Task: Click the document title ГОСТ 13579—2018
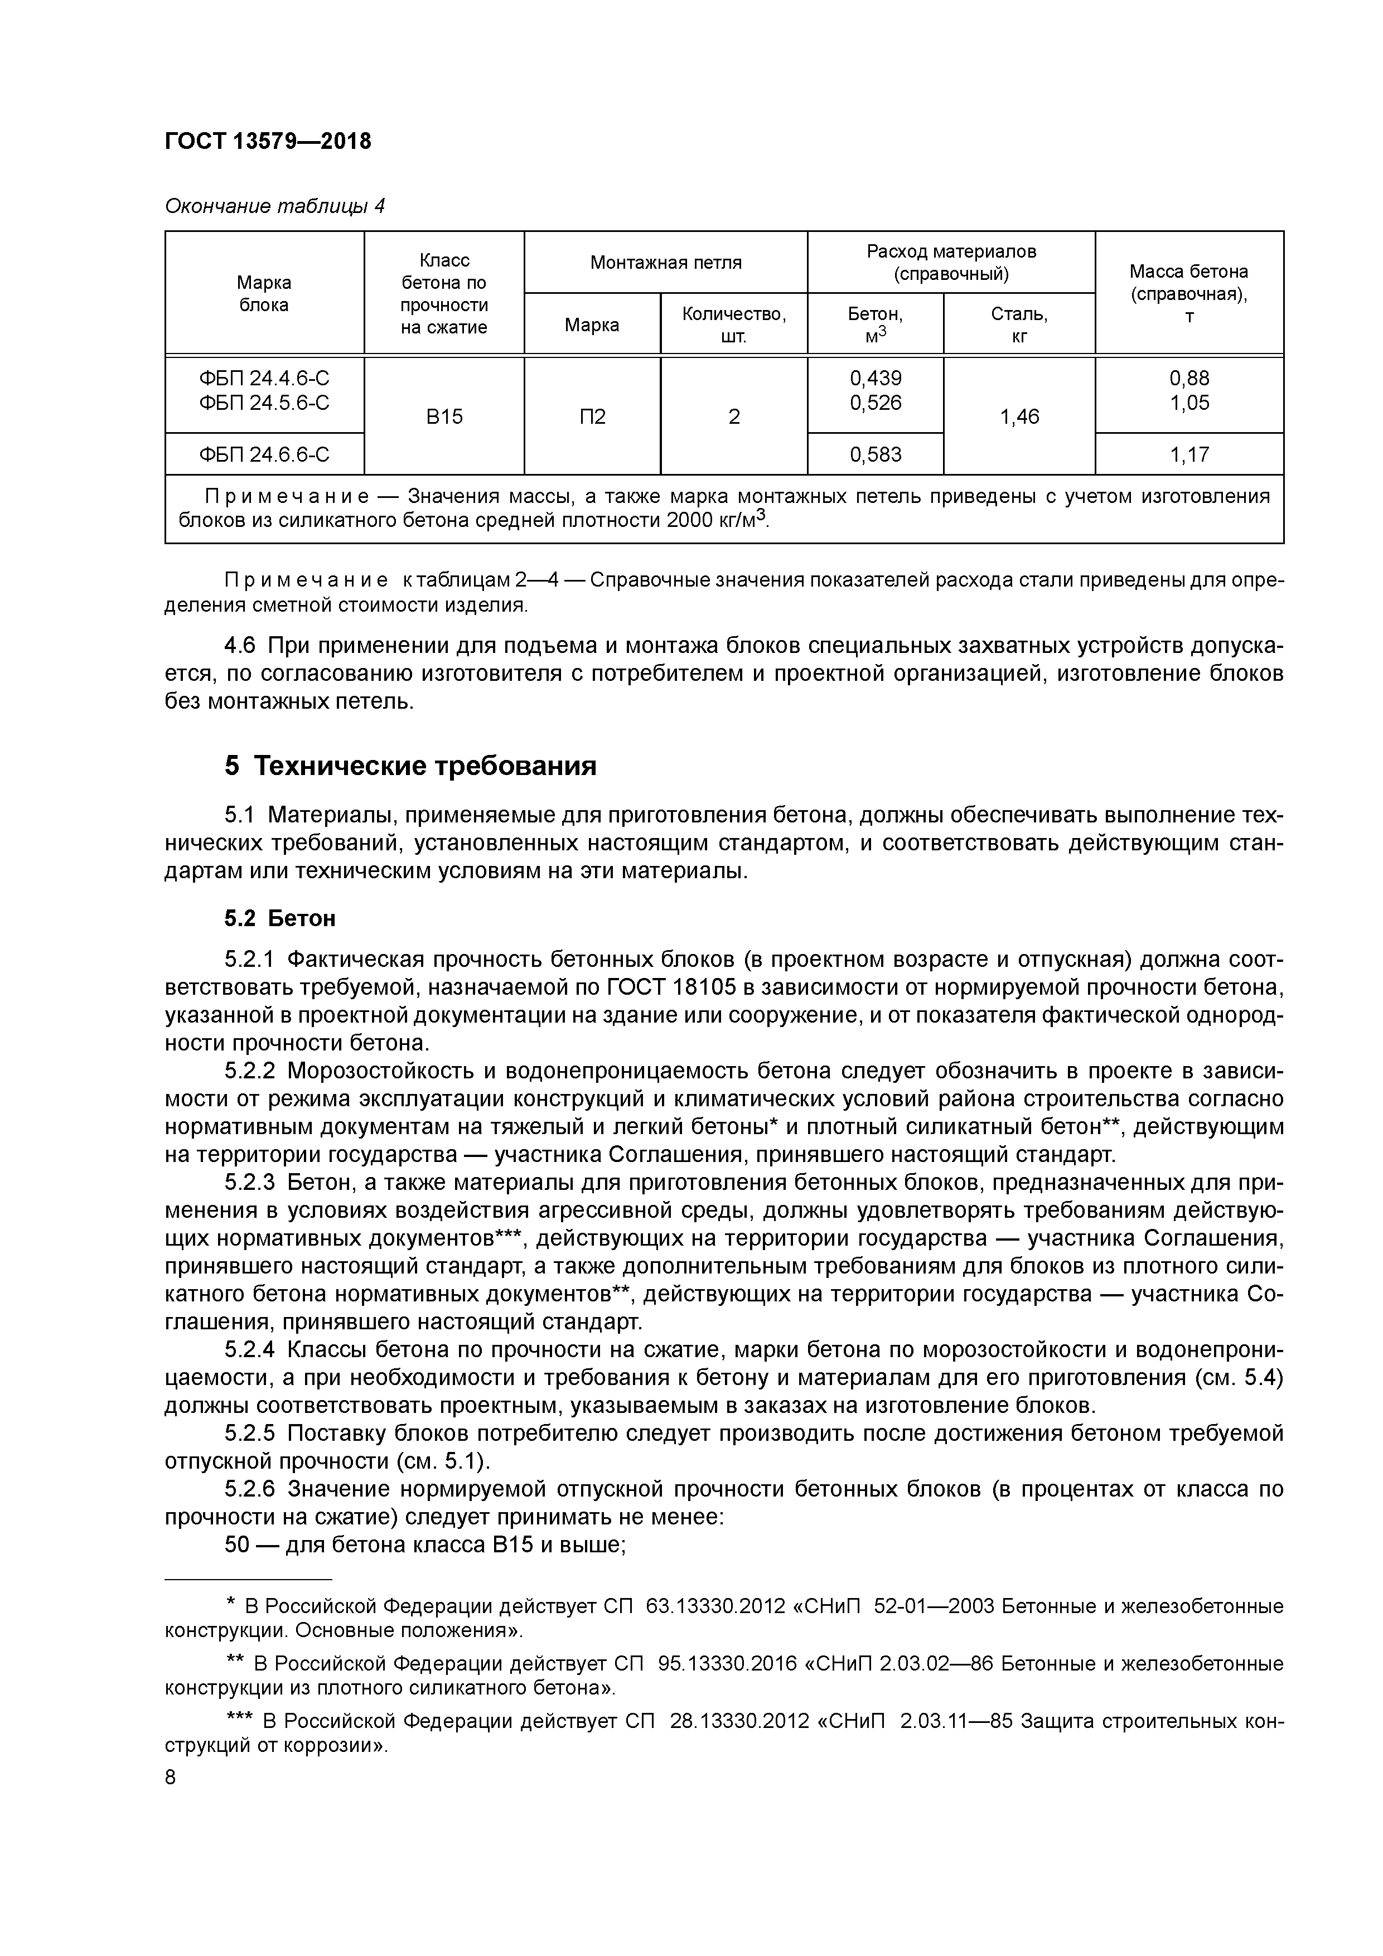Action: (268, 142)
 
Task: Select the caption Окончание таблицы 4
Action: (274, 206)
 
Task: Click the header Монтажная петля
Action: (665, 263)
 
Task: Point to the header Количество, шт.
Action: (734, 325)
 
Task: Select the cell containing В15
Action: (444, 417)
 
